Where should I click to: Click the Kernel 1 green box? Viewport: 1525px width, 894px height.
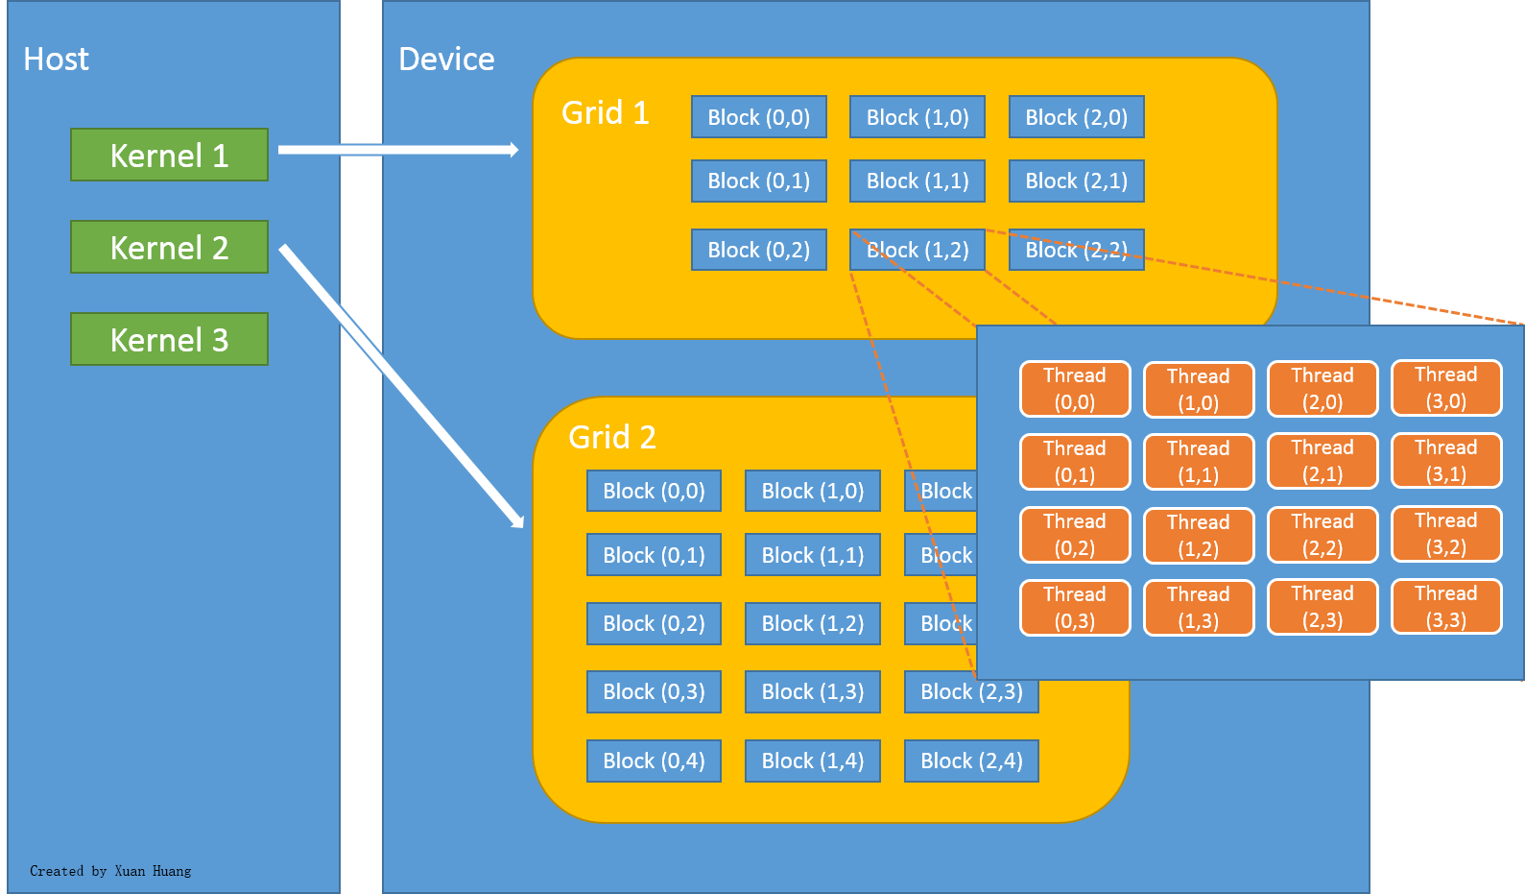169,156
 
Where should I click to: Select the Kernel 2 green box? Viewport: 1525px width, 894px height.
169,248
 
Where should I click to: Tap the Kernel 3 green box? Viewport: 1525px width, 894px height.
169,340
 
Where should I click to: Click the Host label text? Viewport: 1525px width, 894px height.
56,60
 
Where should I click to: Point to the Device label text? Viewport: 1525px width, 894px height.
446,60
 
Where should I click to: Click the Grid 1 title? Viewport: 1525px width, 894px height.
605,113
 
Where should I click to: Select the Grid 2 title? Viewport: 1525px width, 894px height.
611,438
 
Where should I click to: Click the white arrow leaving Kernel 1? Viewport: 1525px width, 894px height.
397,150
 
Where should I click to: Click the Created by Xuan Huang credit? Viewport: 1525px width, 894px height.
110,871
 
